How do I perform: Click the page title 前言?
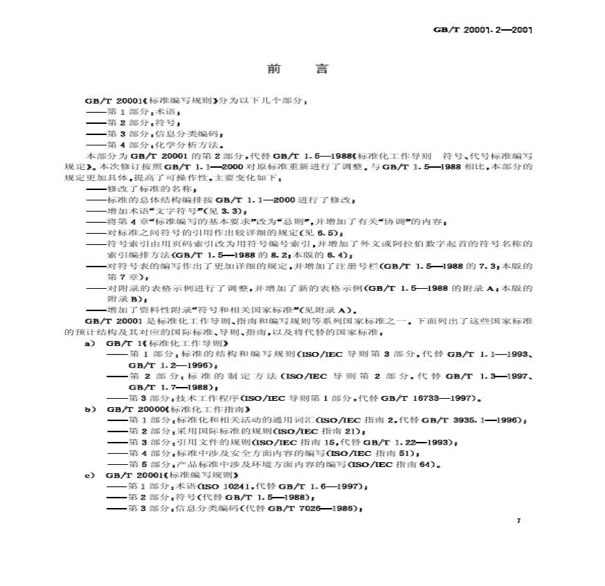(298, 70)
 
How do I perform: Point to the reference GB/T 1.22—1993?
(401, 442)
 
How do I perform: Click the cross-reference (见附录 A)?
(326, 310)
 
